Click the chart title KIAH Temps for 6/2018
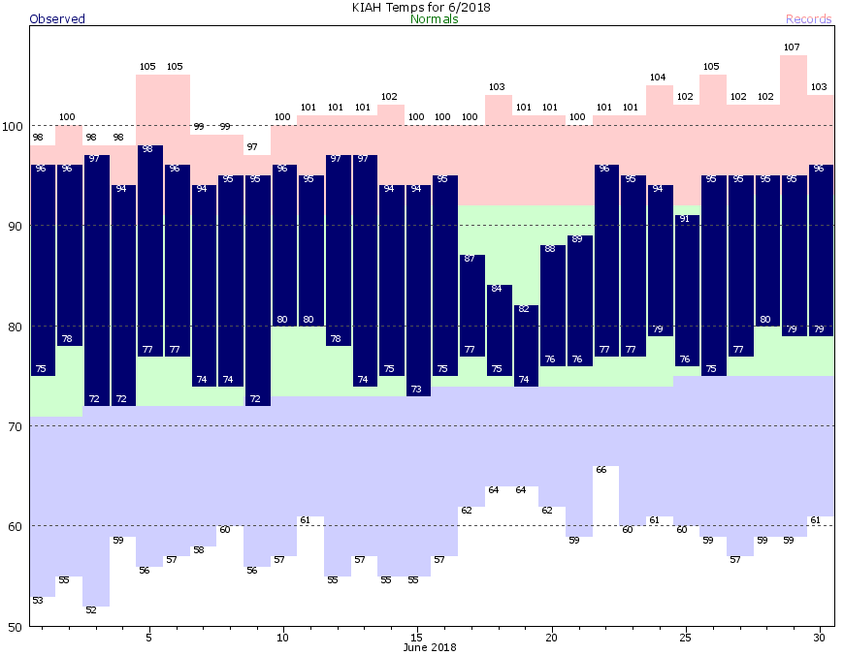click(x=421, y=7)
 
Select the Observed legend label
click(x=57, y=19)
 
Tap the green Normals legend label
click(x=434, y=19)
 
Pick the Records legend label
click(x=808, y=19)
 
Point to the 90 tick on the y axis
click(x=15, y=226)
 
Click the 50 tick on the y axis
click(x=15, y=626)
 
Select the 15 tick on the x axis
click(x=416, y=638)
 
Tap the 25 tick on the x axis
click(x=685, y=638)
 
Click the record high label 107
click(x=792, y=47)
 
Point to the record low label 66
click(x=601, y=470)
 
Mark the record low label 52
click(x=92, y=610)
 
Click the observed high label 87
click(x=470, y=259)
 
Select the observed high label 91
click(x=685, y=219)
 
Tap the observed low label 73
click(x=416, y=390)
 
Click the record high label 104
click(x=658, y=78)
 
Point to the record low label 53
click(x=38, y=601)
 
